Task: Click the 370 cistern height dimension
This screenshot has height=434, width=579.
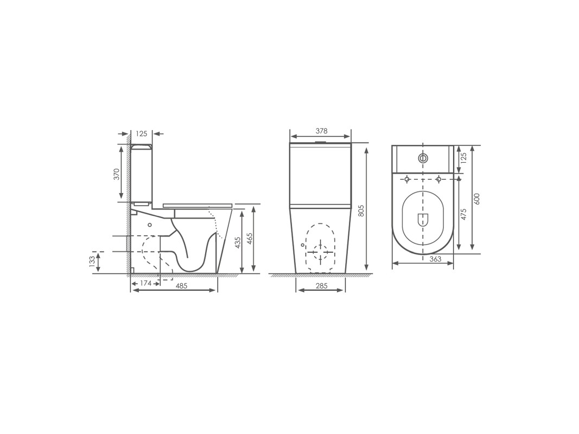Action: coord(116,174)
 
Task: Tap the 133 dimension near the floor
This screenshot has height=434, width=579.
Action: coord(92,261)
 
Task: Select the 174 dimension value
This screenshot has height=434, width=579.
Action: coord(146,283)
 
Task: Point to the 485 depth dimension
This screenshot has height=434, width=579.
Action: coord(181,285)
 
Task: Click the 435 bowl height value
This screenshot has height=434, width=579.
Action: coord(238,242)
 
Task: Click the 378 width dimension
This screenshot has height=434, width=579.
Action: coord(321,131)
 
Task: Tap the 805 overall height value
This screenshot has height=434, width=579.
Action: coord(362,210)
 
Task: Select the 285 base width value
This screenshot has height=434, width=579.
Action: coord(321,286)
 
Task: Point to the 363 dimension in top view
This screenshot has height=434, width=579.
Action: coord(436,259)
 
